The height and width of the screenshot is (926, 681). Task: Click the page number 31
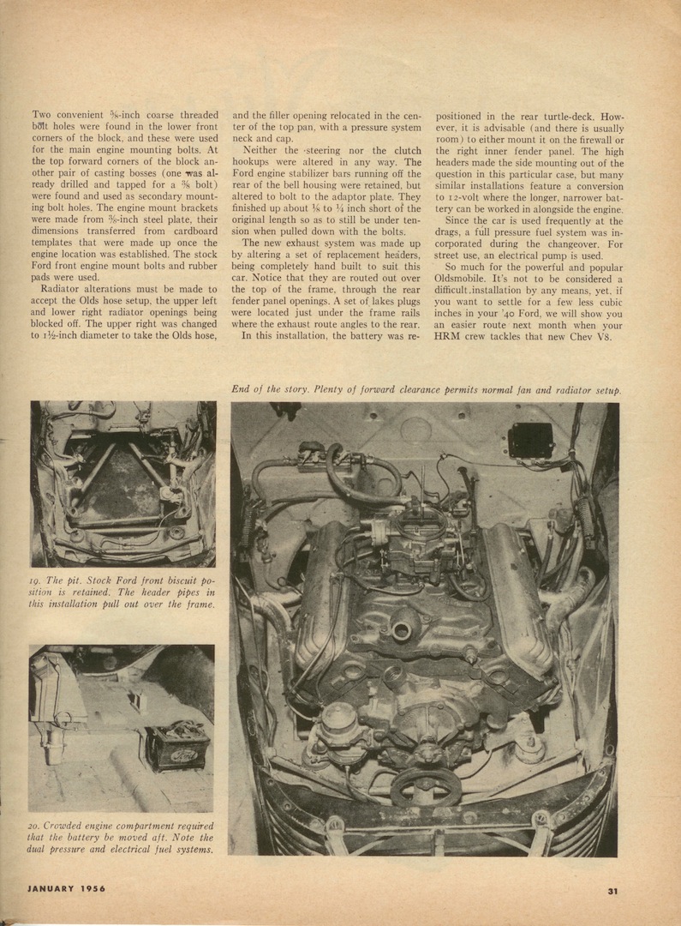pos(612,891)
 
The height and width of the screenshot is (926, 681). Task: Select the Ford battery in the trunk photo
pos(176,745)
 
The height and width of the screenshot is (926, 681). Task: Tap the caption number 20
pos(37,825)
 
